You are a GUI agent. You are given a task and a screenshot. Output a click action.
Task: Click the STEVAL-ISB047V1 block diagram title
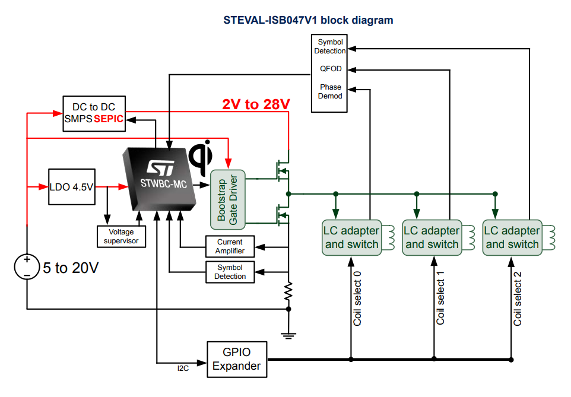[x=308, y=20]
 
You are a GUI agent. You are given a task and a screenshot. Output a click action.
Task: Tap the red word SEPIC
[x=109, y=119]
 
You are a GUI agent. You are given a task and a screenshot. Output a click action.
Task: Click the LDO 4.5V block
[x=71, y=187]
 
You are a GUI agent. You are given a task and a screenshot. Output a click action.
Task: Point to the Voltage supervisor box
[x=121, y=236]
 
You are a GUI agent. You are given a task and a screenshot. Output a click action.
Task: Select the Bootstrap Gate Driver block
[x=229, y=199]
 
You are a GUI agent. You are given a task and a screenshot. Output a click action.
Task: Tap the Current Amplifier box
[x=230, y=246]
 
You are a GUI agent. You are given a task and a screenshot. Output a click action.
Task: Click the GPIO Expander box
[x=236, y=359]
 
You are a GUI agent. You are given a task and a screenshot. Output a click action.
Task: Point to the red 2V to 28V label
[x=256, y=104]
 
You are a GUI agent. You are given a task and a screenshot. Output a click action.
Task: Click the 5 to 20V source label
[x=70, y=268]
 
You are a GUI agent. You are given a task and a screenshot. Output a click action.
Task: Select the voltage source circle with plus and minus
[x=27, y=267]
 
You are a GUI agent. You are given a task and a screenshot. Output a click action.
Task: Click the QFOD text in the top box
[x=331, y=69]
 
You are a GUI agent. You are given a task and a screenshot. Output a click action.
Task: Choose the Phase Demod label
[x=331, y=91]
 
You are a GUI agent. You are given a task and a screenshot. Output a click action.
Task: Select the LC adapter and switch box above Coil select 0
[x=351, y=237]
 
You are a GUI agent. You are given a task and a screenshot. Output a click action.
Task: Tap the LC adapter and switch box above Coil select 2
[x=512, y=237]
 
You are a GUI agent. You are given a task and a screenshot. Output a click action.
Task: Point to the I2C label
[x=183, y=369]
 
